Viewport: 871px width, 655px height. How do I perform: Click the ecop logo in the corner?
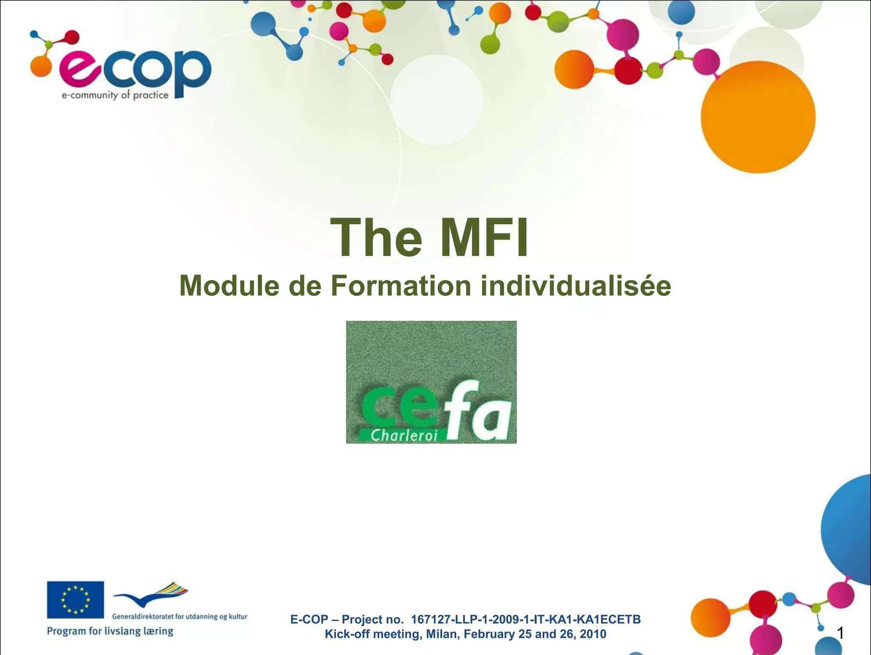pyautogui.click(x=121, y=68)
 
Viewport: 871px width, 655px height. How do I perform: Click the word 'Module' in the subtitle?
pyautogui.click(x=229, y=286)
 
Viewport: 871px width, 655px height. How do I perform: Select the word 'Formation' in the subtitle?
pyautogui.click(x=401, y=286)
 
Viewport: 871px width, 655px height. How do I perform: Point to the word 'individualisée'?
pyautogui.click(x=576, y=286)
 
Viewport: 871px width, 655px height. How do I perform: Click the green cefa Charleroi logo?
pyautogui.click(x=431, y=382)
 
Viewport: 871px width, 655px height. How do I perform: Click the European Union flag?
pyautogui.click(x=75, y=599)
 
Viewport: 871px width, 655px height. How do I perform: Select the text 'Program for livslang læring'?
pyautogui.click(x=110, y=631)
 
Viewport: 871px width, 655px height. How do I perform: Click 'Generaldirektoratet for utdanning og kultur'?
pyautogui.click(x=179, y=616)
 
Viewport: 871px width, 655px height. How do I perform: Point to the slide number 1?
pyautogui.click(x=840, y=633)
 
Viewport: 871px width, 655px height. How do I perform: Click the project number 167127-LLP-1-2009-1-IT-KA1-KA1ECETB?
pyautogui.click(x=526, y=619)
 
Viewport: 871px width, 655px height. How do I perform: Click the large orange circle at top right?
pyautogui.click(x=758, y=117)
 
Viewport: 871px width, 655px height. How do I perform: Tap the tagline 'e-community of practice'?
pyautogui.click(x=115, y=95)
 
